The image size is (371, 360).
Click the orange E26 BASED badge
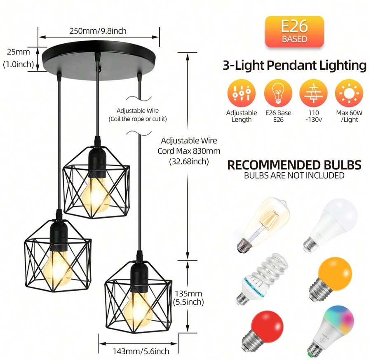click(x=294, y=32)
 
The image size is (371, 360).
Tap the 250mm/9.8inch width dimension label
click(x=98, y=31)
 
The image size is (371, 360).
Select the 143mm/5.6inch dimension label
click(x=141, y=351)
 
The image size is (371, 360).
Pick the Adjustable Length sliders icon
click(x=242, y=94)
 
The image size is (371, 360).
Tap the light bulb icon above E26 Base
click(x=278, y=94)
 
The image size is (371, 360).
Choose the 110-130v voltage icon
click(x=314, y=94)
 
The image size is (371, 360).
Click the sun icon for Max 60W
click(x=349, y=94)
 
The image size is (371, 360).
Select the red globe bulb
click(x=263, y=329)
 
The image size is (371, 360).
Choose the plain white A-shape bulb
click(x=331, y=224)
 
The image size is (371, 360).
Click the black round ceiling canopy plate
click(x=99, y=61)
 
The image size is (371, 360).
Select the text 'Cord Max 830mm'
click(x=189, y=151)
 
